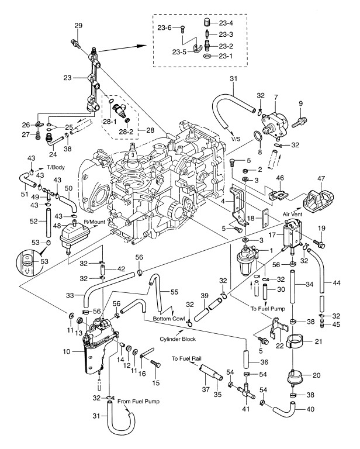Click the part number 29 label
coord(79,25)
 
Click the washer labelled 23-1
coord(209,58)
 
